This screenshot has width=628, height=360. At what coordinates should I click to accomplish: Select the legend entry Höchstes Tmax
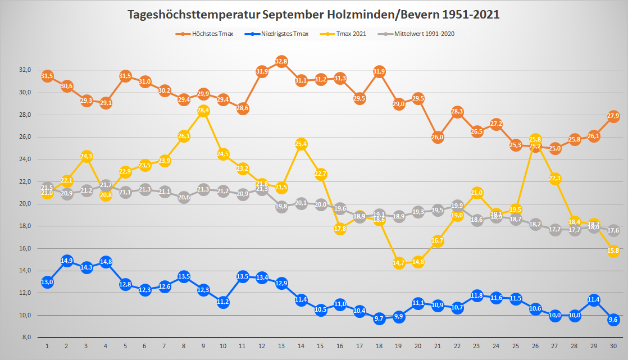click(207, 34)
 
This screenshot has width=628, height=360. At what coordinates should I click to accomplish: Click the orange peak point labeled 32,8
click(282, 61)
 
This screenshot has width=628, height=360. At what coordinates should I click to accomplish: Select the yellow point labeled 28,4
click(203, 111)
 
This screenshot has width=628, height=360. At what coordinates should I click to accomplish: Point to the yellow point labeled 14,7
click(399, 263)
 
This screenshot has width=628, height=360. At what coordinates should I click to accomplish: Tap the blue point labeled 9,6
click(613, 320)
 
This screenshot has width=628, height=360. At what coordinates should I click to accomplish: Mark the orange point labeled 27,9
click(613, 116)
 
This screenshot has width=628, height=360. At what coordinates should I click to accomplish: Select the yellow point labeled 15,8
click(613, 251)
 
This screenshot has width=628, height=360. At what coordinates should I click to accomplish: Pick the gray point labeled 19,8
click(282, 206)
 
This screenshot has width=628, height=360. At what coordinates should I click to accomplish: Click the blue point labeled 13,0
click(47, 282)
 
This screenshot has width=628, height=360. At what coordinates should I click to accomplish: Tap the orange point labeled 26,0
click(438, 137)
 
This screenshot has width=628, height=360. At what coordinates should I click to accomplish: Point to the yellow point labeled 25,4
click(301, 144)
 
